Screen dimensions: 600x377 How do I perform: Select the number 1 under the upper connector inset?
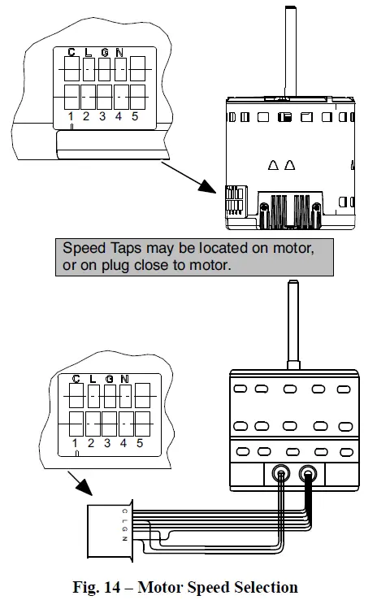[x=71, y=116]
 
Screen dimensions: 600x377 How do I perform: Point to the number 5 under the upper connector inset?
[x=134, y=116]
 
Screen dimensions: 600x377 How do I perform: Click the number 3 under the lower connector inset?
[x=106, y=443]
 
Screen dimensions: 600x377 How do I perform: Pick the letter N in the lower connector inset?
[x=124, y=379]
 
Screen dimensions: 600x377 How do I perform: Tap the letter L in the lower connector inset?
[x=92, y=379]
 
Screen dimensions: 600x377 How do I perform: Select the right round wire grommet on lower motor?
[x=310, y=473]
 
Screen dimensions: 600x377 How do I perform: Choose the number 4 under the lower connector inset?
[x=123, y=443]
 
